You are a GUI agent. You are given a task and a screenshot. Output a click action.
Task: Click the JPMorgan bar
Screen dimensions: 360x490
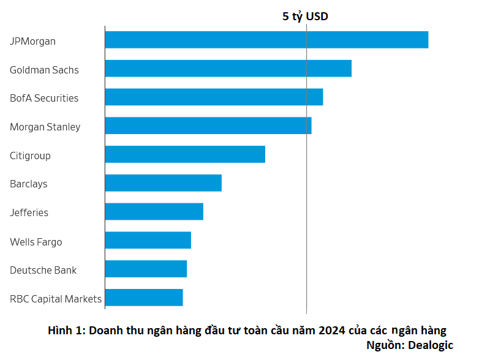point(266,40)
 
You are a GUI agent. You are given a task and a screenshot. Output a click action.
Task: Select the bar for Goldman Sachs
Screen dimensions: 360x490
point(228,69)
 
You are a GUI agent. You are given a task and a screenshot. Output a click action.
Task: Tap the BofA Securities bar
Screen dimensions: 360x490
point(214,97)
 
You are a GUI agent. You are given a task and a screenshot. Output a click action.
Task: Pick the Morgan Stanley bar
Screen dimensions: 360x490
point(208,126)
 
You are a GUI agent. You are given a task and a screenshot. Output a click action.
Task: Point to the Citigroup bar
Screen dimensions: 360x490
point(185,154)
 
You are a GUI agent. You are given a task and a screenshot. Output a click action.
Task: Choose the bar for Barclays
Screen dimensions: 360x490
point(163,183)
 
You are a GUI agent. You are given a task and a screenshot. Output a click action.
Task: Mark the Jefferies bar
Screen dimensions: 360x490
point(154,212)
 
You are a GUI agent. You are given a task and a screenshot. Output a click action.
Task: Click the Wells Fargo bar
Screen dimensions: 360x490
point(148,241)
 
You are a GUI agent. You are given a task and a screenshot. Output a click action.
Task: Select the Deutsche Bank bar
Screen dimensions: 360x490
point(146,269)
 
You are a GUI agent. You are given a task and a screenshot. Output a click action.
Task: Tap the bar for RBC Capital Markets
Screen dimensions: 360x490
point(144,298)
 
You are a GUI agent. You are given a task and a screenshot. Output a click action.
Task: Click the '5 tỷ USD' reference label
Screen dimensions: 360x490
point(305,17)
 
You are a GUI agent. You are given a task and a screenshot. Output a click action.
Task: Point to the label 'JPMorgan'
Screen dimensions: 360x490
point(32,42)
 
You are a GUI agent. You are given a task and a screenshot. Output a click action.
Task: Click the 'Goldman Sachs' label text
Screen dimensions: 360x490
point(44,70)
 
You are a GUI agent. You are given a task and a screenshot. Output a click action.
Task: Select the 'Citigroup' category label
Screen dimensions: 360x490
point(30,156)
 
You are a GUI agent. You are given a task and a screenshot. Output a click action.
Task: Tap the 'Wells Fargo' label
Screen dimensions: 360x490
point(36,242)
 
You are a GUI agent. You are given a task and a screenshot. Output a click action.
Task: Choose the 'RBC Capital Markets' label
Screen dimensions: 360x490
point(56,299)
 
